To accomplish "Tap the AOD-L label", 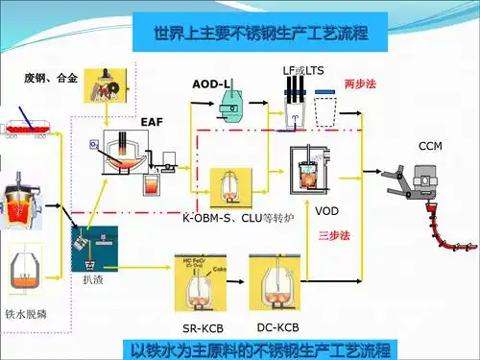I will [x=211, y=84].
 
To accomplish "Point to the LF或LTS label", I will [x=302, y=71].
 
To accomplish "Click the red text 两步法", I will [x=359, y=84].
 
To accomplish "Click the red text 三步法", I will [x=333, y=235].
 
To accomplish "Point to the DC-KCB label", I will [x=277, y=328].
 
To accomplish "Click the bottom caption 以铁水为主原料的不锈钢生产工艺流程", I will [x=261, y=349].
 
